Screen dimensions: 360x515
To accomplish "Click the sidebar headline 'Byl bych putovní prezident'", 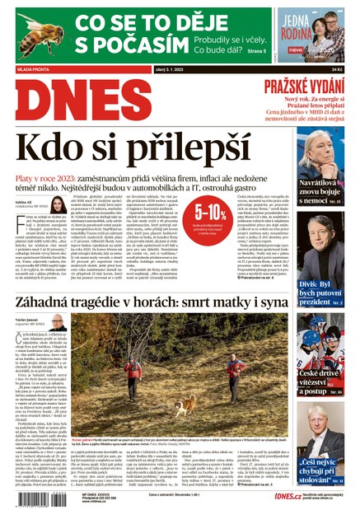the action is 322,292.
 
